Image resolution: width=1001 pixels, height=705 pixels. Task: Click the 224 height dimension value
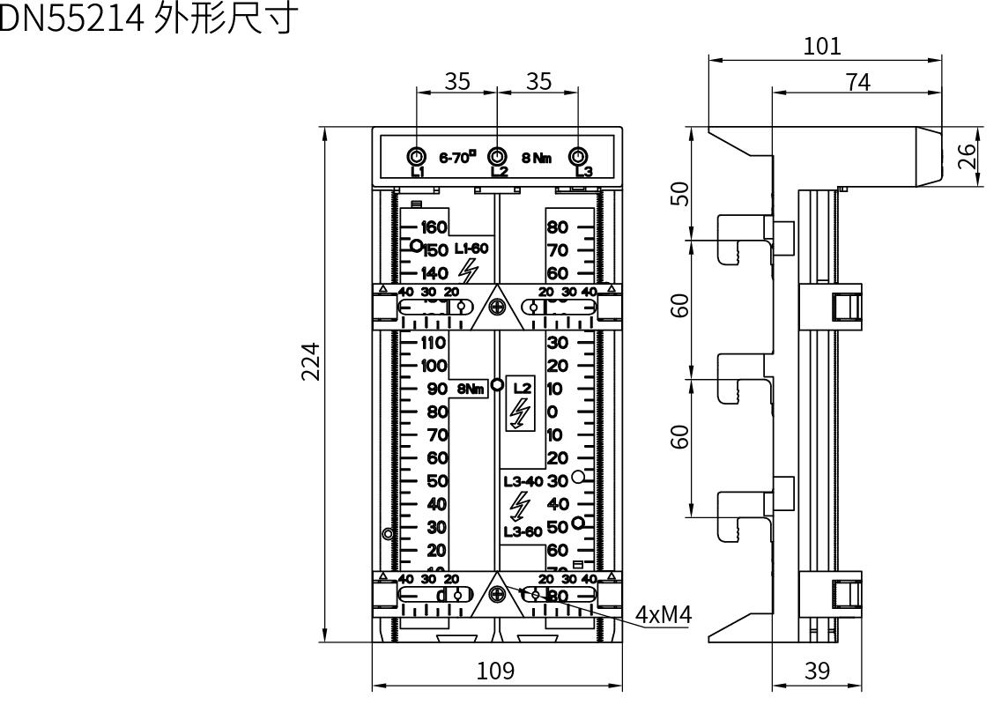tap(310, 361)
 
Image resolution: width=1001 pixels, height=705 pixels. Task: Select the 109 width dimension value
tap(496, 672)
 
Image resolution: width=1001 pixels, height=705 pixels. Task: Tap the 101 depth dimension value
tap(822, 46)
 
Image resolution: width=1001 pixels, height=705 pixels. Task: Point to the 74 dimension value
tap(856, 82)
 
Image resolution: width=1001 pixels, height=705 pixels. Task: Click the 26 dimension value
tap(968, 156)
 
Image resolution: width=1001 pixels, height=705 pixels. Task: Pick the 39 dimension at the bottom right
tap(818, 672)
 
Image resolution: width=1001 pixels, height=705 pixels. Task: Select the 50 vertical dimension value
tap(679, 193)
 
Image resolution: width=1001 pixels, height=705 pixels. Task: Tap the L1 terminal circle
tap(417, 157)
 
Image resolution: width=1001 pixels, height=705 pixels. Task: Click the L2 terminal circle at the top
tap(498, 157)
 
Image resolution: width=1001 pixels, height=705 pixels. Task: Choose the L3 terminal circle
tap(578, 157)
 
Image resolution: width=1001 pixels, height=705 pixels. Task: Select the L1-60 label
tap(471, 249)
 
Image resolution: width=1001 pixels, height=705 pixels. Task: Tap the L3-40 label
tap(523, 481)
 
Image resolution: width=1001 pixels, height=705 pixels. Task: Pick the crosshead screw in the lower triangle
tap(498, 595)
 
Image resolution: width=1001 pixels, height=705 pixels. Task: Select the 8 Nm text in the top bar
tap(537, 158)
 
